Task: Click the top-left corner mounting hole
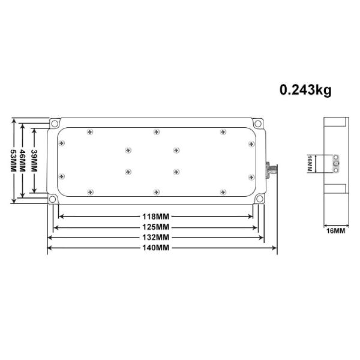point(54,124)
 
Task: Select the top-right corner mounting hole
point(258,124)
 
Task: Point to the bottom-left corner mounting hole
point(54,199)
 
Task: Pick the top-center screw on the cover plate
point(156,131)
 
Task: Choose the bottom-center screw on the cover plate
point(156,191)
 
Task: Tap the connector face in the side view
point(336,162)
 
